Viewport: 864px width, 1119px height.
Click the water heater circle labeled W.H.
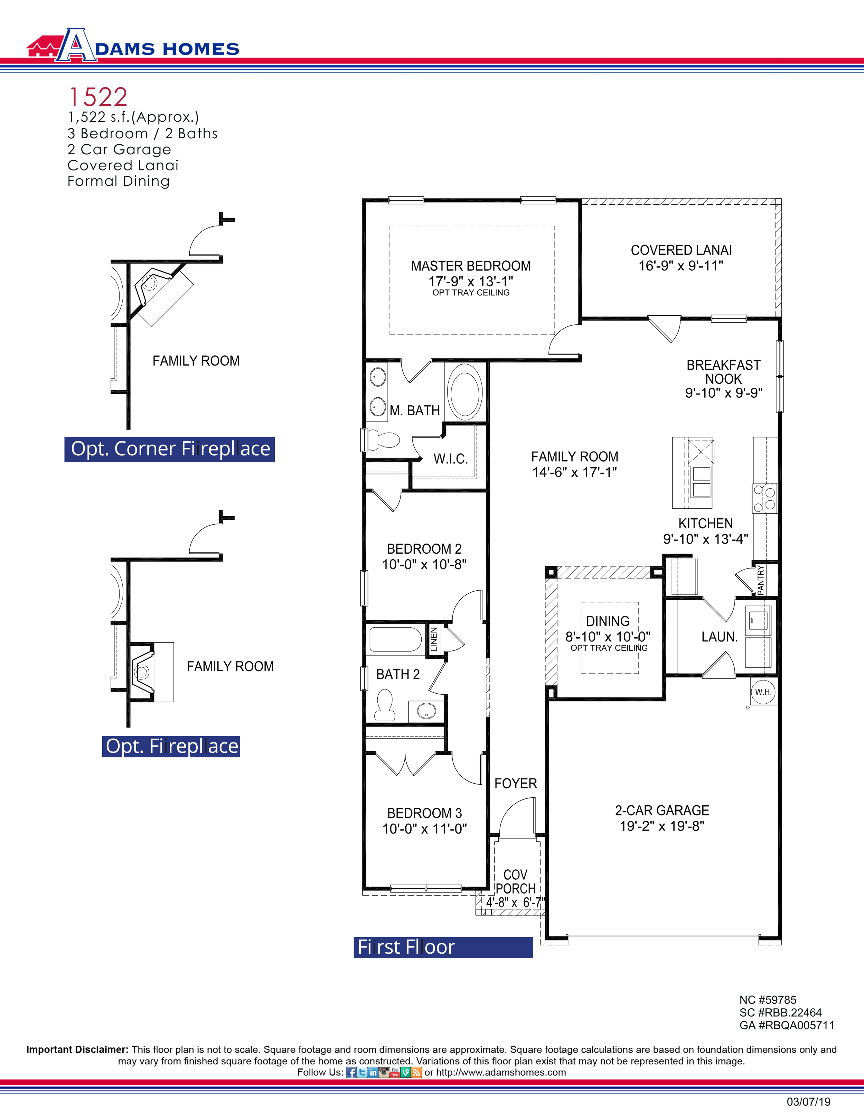pyautogui.click(x=763, y=692)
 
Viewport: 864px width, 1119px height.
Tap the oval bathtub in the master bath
pyautogui.click(x=464, y=392)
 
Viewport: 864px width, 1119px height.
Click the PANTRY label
pyautogui.click(x=761, y=580)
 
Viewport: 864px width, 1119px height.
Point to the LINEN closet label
pyautogui.click(x=434, y=639)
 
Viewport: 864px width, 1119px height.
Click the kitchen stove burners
pyautogui.click(x=764, y=499)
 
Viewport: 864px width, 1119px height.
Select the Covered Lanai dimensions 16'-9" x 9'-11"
pyautogui.click(x=680, y=266)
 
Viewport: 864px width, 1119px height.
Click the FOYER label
pyautogui.click(x=515, y=783)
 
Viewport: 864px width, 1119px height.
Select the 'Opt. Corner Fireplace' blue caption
pyautogui.click(x=170, y=449)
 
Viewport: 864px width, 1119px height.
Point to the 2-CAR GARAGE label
pyautogui.click(x=662, y=811)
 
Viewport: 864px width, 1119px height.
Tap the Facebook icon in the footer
pyautogui.click(x=351, y=1072)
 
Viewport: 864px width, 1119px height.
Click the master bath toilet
pyautogui.click(x=383, y=439)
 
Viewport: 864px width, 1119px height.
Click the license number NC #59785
pyautogui.click(x=767, y=1000)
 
